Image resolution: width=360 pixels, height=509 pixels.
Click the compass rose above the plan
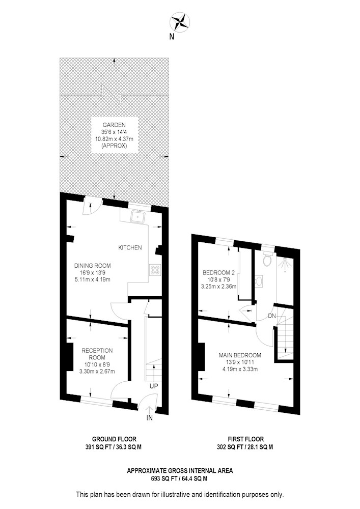tap(180, 22)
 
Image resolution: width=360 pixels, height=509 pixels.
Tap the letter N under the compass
tap(172, 37)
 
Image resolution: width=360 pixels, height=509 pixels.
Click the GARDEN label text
tap(114, 125)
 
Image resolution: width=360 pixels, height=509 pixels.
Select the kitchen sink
tap(139, 216)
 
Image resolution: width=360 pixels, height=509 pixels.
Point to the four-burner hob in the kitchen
tap(154, 270)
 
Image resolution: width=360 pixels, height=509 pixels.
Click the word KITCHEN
tap(130, 248)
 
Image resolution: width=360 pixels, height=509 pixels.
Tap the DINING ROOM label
tap(93, 266)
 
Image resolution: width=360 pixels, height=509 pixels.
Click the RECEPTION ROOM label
tap(97, 354)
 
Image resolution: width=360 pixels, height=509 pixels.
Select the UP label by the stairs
tap(154, 386)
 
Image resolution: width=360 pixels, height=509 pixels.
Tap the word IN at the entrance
tap(149, 418)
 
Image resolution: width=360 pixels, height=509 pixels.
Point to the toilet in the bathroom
tap(267, 260)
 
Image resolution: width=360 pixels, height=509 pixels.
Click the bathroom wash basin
tap(259, 281)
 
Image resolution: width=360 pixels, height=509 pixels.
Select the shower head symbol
tap(285, 265)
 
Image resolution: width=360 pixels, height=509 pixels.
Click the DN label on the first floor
tap(272, 316)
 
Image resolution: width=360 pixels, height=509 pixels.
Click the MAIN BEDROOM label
tap(240, 355)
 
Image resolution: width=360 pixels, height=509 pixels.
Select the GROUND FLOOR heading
tap(114, 440)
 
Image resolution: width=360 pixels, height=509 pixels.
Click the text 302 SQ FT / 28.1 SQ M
tap(245, 447)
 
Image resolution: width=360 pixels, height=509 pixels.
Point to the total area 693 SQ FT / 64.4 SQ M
tap(179, 478)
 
